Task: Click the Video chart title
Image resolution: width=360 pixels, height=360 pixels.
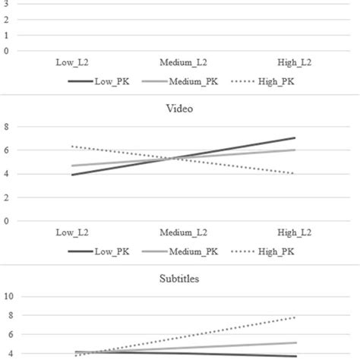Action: [179, 108]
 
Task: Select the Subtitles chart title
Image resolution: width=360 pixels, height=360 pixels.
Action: [179, 279]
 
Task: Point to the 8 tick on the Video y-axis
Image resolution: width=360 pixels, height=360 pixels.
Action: [7, 126]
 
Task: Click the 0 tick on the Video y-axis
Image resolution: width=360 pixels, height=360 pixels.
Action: [7, 221]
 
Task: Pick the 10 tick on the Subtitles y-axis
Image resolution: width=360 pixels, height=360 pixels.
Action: [9, 296]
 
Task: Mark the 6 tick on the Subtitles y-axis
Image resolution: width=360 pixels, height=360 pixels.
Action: [7, 334]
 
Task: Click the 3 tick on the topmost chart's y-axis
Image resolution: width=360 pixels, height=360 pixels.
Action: [7, 3]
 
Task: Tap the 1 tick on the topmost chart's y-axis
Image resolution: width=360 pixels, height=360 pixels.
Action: [7, 34]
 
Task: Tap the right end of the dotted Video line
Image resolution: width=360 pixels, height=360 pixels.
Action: [295, 173]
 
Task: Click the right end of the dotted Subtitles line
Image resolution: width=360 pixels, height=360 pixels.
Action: [295, 317]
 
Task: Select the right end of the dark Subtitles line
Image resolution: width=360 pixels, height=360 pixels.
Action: [295, 356]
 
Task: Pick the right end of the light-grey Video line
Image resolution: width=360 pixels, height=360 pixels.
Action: [295, 150]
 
